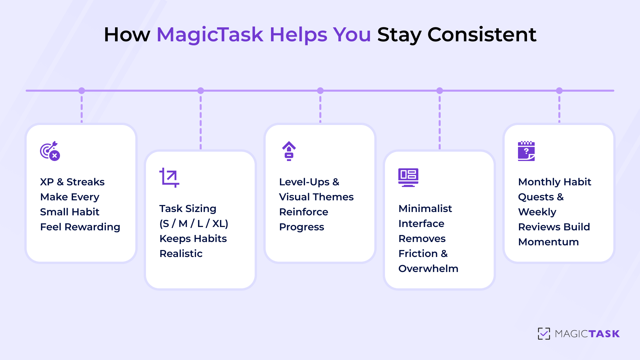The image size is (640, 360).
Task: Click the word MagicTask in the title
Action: click(210, 34)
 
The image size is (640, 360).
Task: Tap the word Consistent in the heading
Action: click(482, 34)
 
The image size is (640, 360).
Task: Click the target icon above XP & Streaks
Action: click(50, 151)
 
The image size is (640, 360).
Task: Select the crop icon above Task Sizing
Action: click(169, 178)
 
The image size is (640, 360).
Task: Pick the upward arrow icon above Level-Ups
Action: click(289, 151)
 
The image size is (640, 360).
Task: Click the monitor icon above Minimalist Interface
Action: click(408, 177)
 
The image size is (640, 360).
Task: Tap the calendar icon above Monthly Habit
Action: click(526, 151)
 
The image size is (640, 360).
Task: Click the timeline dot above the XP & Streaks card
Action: click(82, 91)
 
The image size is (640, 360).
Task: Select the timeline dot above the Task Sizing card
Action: click(201, 91)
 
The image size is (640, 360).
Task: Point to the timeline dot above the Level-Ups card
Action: click(320, 91)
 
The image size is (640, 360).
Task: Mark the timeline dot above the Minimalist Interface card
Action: click(440, 91)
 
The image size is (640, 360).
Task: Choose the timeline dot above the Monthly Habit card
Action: click(559, 91)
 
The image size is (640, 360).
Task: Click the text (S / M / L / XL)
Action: click(194, 224)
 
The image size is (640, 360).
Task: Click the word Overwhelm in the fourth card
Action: click(428, 269)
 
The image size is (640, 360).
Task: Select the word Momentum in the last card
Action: click(548, 242)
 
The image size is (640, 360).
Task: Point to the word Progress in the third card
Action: click(302, 227)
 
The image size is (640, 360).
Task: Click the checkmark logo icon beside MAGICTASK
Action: click(544, 334)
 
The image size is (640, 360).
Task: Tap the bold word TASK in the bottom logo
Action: click(604, 334)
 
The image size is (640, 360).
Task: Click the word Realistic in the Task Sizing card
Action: click(181, 254)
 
